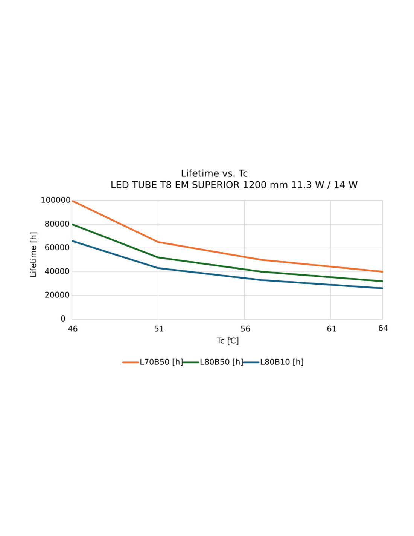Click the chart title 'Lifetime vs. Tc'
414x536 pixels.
point(214,173)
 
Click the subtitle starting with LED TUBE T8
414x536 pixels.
point(234,185)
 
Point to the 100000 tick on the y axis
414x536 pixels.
point(55,200)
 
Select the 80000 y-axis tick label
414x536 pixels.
point(57,224)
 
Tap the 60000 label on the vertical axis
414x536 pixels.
point(57,248)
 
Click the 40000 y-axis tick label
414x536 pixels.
point(57,271)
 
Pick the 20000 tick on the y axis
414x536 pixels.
point(57,295)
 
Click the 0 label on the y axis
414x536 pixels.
point(63,319)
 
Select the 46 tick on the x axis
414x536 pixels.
point(73,329)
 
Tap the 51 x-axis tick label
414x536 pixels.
point(159,329)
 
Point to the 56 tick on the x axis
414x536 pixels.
point(245,329)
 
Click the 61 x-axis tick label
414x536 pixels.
point(331,329)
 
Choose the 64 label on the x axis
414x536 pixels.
point(383,328)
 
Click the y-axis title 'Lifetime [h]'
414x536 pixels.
point(33,254)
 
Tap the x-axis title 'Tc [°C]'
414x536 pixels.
point(228,341)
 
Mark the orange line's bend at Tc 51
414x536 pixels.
point(158,242)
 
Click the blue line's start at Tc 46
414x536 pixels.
point(72,241)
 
